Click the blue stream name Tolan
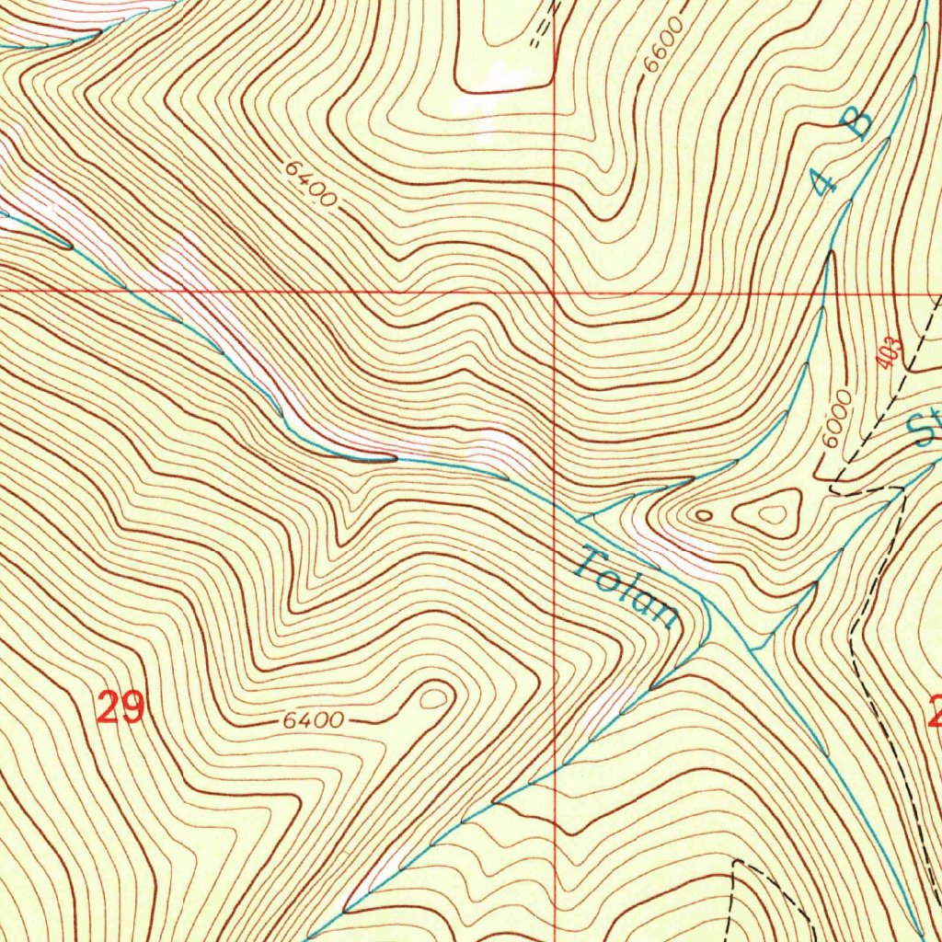click(626, 586)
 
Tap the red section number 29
click(121, 709)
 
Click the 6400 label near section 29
click(313, 721)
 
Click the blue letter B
click(857, 123)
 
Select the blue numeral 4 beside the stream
click(824, 181)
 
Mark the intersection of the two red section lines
click(555, 293)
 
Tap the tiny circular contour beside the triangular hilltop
click(704, 515)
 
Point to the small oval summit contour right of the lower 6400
click(430, 699)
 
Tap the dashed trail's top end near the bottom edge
click(736, 863)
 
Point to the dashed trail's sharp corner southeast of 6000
click(902, 491)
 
